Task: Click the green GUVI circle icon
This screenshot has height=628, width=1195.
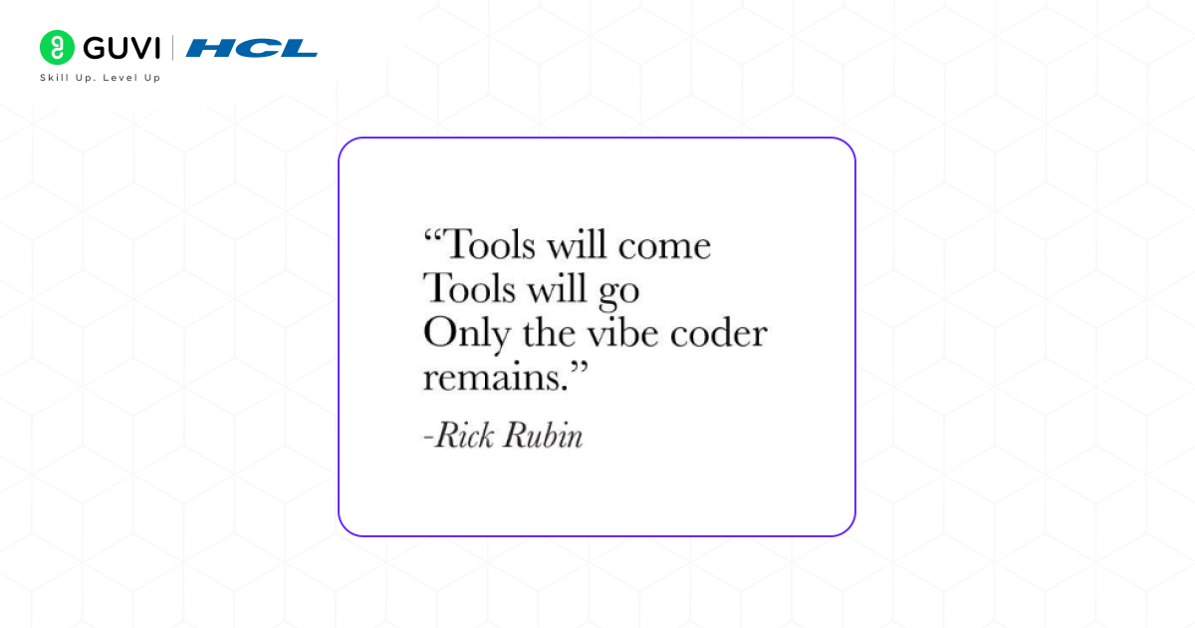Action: tap(58, 48)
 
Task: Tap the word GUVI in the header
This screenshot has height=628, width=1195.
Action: tap(122, 48)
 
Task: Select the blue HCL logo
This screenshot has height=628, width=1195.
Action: tap(252, 48)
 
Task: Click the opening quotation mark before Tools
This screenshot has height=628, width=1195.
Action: tap(432, 237)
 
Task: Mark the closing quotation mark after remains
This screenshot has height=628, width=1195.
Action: tap(578, 370)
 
